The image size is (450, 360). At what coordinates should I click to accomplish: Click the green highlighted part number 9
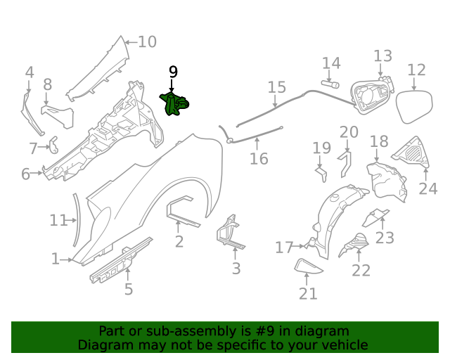pyautogui.click(x=176, y=105)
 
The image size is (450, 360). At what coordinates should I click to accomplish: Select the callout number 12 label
pyautogui.click(x=416, y=70)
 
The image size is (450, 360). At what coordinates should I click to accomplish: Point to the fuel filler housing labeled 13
pyautogui.click(x=371, y=98)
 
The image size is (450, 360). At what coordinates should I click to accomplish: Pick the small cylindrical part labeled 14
pyautogui.click(x=328, y=84)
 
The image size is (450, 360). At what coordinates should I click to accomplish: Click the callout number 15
pyautogui.click(x=276, y=87)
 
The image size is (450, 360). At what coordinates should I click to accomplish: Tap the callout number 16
pyautogui.click(x=259, y=159)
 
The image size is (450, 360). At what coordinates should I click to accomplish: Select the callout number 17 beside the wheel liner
pyautogui.click(x=284, y=247)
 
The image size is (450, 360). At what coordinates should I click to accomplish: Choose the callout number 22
pyautogui.click(x=361, y=271)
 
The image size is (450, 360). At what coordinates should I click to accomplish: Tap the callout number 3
pyautogui.click(x=236, y=269)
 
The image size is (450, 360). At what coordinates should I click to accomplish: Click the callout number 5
pyautogui.click(x=128, y=289)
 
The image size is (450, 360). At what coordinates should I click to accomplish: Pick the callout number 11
pyautogui.click(x=58, y=220)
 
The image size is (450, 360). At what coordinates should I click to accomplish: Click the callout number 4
pyautogui.click(x=29, y=72)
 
